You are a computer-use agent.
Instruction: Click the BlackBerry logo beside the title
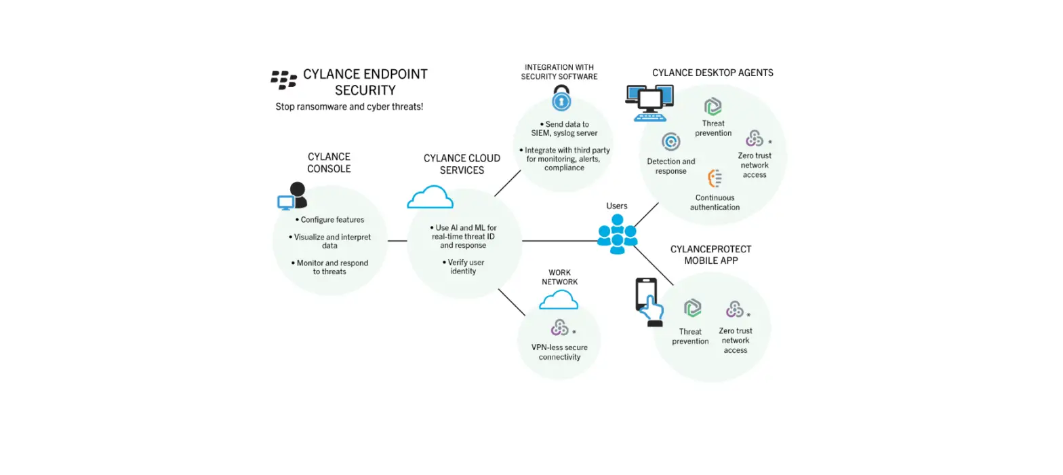coord(283,80)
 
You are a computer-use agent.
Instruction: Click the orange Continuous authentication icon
coord(715,178)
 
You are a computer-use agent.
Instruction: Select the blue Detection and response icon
coord(670,142)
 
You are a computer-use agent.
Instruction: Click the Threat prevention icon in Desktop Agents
coord(713,107)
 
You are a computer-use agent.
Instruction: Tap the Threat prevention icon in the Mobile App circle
coord(691,309)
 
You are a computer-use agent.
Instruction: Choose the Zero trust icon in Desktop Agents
coord(753,138)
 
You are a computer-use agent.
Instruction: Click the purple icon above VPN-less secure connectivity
coord(560,328)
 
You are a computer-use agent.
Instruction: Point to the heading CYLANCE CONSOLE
coord(329,163)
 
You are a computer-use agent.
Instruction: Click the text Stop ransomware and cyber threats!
coord(349,107)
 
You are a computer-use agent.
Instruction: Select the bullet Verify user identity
coord(464,267)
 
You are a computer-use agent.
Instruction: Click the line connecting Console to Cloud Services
coord(397,240)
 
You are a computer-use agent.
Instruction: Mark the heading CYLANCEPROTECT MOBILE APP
coord(710,254)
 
